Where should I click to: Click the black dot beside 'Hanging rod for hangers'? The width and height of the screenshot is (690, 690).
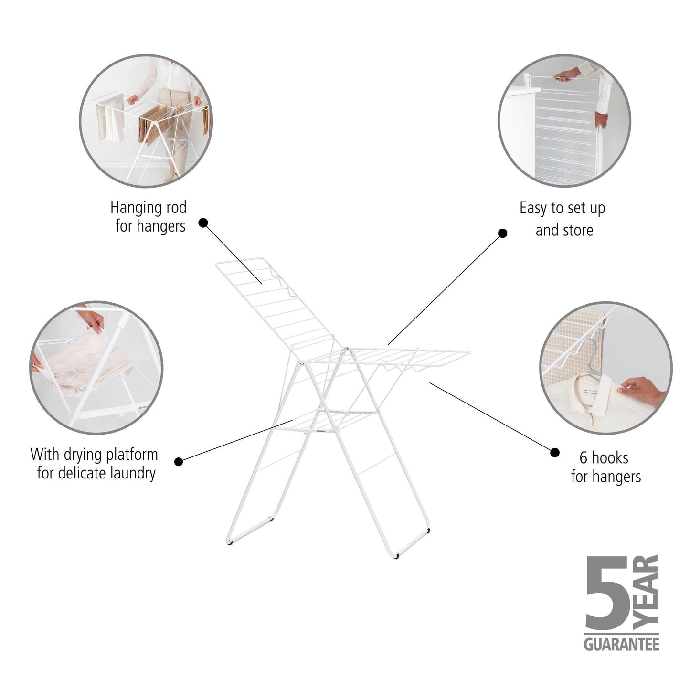(x=203, y=223)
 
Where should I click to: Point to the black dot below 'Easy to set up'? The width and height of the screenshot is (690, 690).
(x=502, y=233)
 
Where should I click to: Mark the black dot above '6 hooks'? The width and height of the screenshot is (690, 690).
(x=554, y=452)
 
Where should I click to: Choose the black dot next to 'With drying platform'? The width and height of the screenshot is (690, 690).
(x=179, y=461)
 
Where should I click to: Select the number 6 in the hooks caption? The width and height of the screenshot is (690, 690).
(x=584, y=458)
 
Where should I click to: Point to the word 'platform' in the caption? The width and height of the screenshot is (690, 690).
(x=128, y=455)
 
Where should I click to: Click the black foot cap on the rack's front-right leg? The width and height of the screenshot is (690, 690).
(x=397, y=557)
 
